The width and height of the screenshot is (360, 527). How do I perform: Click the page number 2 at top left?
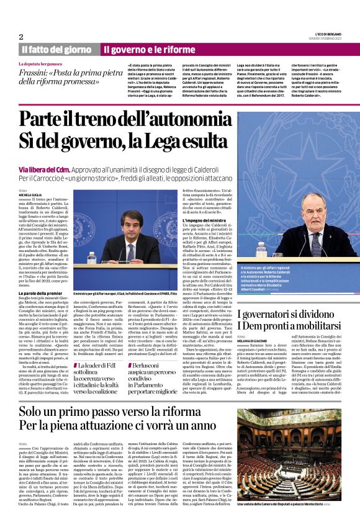click(x=21, y=37)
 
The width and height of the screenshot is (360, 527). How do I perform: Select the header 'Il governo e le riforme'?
click(x=149, y=50)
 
